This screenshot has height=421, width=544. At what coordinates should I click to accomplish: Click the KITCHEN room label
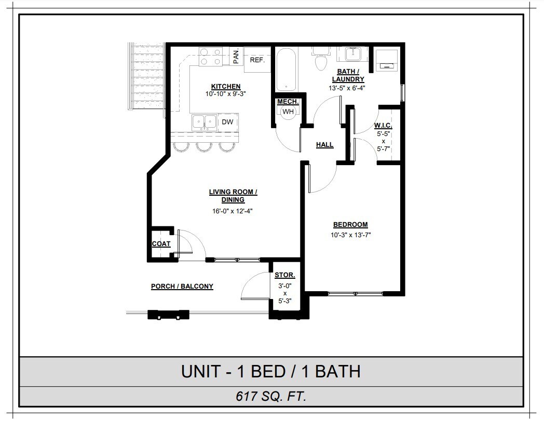pyautogui.click(x=225, y=86)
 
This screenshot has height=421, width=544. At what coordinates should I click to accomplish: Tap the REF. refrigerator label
pyautogui.click(x=257, y=60)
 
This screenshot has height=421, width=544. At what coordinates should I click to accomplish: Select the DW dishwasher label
pyautogui.click(x=227, y=122)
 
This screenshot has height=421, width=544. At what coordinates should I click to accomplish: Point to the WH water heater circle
pyautogui.click(x=288, y=112)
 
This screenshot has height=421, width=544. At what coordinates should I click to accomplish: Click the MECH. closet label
pyautogui.click(x=288, y=102)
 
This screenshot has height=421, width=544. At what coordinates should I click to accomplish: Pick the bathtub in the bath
pyautogui.click(x=285, y=69)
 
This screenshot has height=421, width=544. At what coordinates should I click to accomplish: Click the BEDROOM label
pyautogui.click(x=350, y=225)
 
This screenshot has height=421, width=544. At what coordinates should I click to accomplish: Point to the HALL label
pyautogui.click(x=325, y=145)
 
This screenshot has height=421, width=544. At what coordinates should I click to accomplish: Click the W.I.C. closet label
pyautogui.click(x=383, y=126)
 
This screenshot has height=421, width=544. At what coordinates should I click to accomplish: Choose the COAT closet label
pyautogui.click(x=161, y=243)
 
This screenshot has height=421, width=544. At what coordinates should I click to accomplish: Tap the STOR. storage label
pyautogui.click(x=285, y=275)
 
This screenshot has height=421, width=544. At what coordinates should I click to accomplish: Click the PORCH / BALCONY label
pyautogui.click(x=182, y=286)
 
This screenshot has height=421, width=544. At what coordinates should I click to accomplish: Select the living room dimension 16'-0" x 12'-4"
pyautogui.click(x=233, y=211)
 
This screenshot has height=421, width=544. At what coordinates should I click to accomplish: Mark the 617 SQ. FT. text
pyautogui.click(x=270, y=397)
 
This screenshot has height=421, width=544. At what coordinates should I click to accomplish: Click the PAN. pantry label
pyautogui.click(x=236, y=56)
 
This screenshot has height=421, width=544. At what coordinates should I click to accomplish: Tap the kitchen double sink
pyautogui.click(x=205, y=122)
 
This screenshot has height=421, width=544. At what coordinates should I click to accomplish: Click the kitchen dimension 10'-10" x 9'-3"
pyautogui.click(x=225, y=94)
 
